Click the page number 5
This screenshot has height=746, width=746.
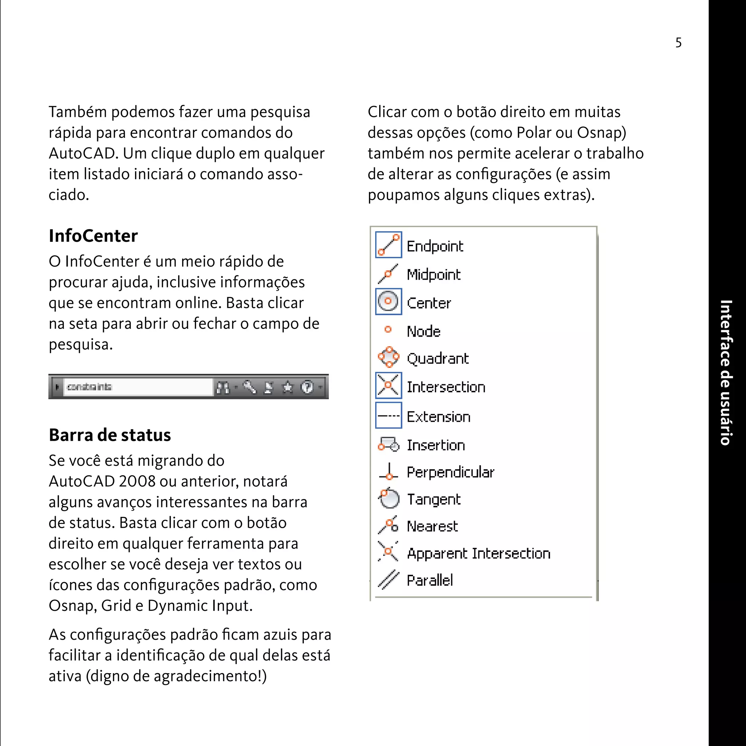click(678, 43)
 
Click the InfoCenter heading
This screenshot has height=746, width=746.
click(93, 236)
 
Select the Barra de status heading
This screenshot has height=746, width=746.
click(110, 435)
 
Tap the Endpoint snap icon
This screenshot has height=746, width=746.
click(388, 245)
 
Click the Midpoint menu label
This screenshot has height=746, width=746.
click(433, 275)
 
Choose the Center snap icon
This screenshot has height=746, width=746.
click(388, 302)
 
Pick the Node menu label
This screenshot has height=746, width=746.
click(424, 331)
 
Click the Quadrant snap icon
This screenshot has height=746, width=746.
click(388, 357)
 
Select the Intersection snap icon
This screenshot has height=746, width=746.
click(388, 385)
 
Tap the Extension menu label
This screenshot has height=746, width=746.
click(439, 417)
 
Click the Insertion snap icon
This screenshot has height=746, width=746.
click(388, 444)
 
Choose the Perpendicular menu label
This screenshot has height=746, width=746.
click(451, 472)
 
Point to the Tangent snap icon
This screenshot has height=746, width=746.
click(388, 499)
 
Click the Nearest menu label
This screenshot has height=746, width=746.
click(432, 526)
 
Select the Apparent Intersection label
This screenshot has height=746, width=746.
click(479, 554)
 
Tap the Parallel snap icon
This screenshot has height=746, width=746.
click(388, 580)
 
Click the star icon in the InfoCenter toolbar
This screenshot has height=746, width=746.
click(288, 387)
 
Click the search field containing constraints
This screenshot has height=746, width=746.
click(137, 387)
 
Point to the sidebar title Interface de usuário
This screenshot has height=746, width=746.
click(726, 373)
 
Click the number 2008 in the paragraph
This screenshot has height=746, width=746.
click(137, 482)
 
